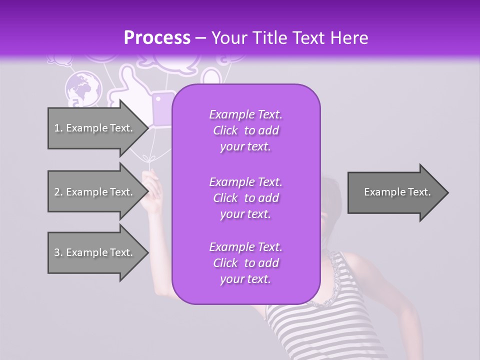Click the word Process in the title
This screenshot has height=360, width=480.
tap(157, 38)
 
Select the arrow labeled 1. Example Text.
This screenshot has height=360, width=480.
tap(95, 128)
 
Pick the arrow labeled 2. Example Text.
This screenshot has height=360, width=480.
tap(95, 192)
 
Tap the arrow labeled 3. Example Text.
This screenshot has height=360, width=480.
tap(95, 252)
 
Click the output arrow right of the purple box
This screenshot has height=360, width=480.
tap(397, 192)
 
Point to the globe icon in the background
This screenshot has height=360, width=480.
tap(83, 88)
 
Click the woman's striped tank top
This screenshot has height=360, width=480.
tap(320, 320)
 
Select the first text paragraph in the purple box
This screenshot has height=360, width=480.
tap(245, 130)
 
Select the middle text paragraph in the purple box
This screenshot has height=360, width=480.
tap(245, 198)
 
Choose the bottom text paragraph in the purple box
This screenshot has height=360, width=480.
tap(245, 263)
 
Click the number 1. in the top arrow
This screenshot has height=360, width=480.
tap(58, 128)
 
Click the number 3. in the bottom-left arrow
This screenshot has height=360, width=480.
tap(58, 252)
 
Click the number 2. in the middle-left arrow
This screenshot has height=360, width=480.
tap(58, 192)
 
